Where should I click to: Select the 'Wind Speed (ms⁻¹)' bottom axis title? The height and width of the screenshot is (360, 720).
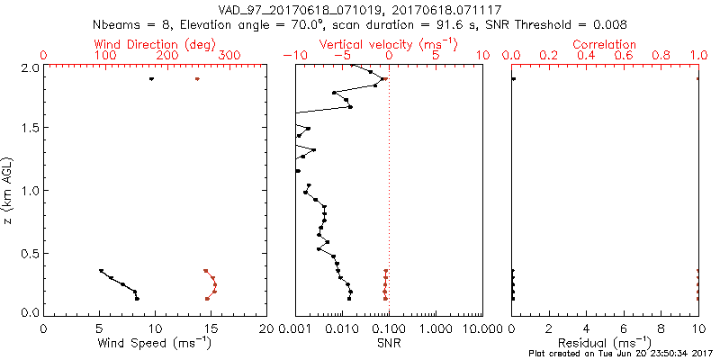[155, 343]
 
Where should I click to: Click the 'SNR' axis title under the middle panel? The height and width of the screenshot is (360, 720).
[388, 343]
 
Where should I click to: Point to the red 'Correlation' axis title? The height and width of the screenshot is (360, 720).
[605, 44]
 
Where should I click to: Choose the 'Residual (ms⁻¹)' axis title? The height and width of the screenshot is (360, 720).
[605, 343]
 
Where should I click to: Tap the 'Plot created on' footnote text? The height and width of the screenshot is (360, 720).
[621, 354]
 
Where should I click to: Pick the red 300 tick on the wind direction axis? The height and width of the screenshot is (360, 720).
[229, 56]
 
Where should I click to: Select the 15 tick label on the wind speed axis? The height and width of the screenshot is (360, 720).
[211, 328]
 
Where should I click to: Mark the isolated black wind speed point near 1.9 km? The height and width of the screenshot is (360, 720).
[152, 79]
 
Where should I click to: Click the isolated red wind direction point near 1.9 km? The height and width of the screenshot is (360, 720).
[197, 79]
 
